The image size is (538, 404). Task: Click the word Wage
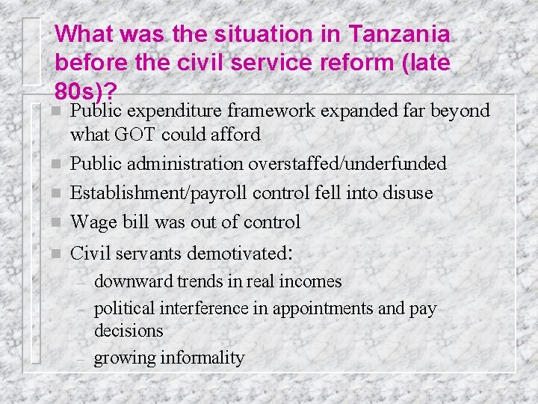(90, 221)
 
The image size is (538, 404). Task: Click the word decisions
(129, 330)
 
